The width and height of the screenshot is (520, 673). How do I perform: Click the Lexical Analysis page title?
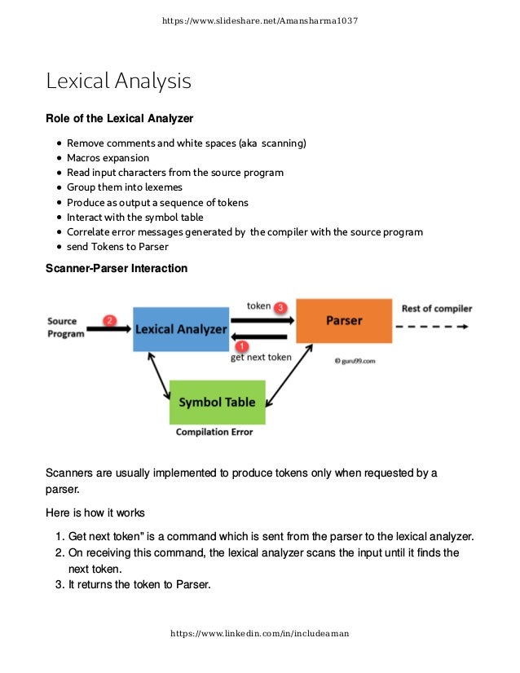(x=118, y=81)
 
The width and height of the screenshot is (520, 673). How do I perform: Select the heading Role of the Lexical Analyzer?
(x=119, y=119)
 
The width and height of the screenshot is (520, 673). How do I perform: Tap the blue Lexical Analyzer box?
(x=181, y=329)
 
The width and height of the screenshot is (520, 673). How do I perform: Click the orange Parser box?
(x=344, y=320)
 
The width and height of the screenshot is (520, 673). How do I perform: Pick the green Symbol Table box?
(x=217, y=402)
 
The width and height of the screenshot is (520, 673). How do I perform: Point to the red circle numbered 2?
(x=110, y=320)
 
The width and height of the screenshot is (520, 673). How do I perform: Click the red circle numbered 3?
(x=280, y=307)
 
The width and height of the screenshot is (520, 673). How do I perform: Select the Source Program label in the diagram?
(x=65, y=328)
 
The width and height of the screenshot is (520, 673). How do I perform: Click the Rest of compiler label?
(x=437, y=309)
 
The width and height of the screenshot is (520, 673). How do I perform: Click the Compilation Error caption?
(x=214, y=432)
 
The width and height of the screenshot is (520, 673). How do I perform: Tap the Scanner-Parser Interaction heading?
(x=117, y=268)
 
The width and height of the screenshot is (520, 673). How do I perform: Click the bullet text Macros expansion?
(x=108, y=158)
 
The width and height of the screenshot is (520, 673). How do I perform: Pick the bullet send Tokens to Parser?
(x=117, y=246)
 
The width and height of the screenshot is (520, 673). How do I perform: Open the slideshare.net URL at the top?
(x=260, y=20)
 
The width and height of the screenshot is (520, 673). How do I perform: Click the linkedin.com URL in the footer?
(x=259, y=633)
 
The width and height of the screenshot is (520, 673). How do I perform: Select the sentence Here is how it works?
(x=95, y=513)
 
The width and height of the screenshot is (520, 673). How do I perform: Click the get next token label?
(x=261, y=357)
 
